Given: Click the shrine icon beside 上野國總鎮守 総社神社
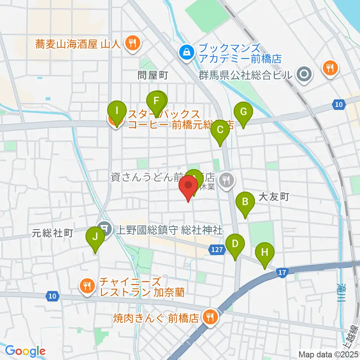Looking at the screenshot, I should (x=104, y=229).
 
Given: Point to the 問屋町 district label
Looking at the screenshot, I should (x=153, y=75).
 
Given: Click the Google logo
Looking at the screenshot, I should (x=25, y=351).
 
